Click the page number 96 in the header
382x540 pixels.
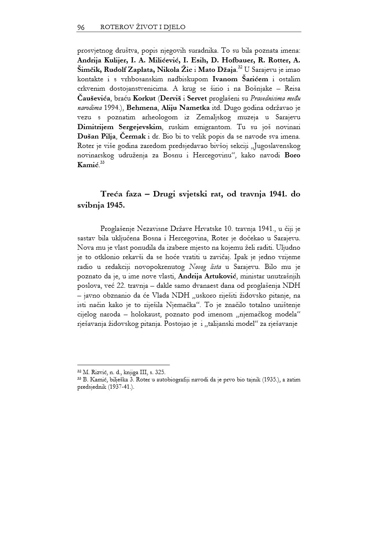(81, 27)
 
